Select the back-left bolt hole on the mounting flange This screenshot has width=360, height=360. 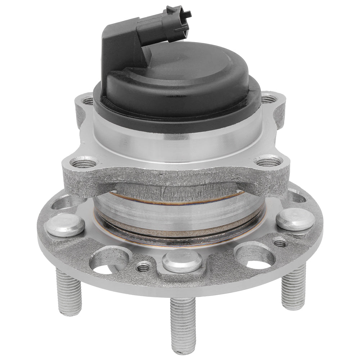[x=87, y=100]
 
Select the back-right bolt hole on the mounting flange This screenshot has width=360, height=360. [x=269, y=98]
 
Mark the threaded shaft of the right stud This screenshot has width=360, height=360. [x=293, y=286]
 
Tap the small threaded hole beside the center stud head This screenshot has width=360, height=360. [x=144, y=267]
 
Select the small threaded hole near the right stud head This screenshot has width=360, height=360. [x=280, y=243]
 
